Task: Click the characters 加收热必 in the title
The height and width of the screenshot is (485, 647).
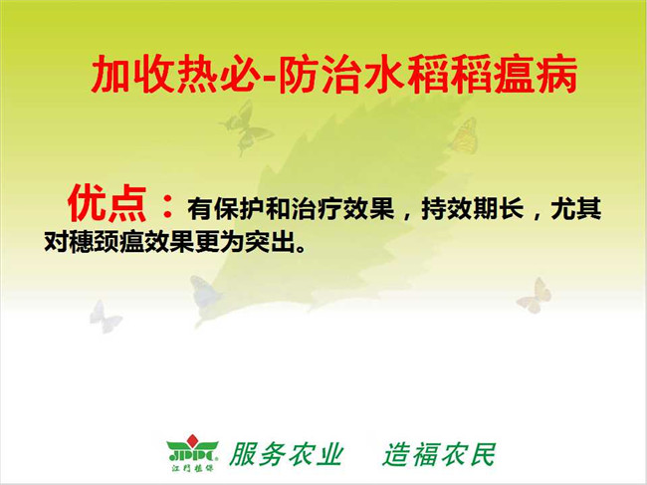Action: [176, 75]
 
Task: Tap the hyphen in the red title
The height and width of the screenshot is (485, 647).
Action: [270, 78]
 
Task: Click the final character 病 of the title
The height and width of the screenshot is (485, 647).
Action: [556, 75]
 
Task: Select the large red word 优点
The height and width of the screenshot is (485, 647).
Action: [108, 204]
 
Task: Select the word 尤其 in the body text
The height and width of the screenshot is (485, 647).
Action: [576, 209]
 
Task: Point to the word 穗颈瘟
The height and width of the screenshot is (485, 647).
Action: [107, 242]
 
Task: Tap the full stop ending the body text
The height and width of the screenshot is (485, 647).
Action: [302, 249]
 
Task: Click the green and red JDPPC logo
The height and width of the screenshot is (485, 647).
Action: [192, 453]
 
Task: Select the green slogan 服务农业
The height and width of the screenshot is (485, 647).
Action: [287, 454]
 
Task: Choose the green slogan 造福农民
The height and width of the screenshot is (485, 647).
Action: [439, 454]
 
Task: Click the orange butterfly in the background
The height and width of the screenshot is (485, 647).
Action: [465, 135]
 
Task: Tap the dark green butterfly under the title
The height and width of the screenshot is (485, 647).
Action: [246, 126]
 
